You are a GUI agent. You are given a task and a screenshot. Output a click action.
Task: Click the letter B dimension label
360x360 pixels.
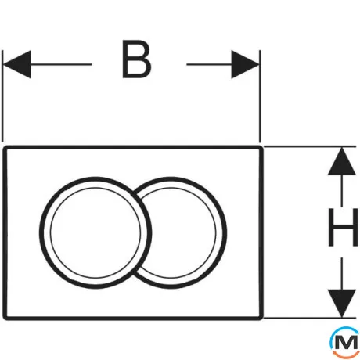(137, 59)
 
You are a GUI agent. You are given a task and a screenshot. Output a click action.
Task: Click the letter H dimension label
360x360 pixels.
(343, 227)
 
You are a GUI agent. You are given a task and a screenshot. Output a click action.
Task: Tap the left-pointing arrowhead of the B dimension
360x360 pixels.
(16, 64)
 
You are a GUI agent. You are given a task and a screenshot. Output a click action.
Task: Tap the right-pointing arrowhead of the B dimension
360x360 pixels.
(245, 64)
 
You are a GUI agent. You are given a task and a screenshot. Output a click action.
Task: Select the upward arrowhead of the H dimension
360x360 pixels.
(342, 161)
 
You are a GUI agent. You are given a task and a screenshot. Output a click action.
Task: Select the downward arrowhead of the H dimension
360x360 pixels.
(342, 304)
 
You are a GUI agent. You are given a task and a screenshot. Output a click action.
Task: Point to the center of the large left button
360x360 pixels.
(95, 232)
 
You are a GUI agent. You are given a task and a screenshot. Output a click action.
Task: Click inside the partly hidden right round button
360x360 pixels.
(182, 232)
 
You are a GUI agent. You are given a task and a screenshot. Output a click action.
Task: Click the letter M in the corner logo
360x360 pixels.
(346, 343)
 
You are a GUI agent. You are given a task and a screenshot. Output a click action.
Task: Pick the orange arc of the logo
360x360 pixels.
(344, 355)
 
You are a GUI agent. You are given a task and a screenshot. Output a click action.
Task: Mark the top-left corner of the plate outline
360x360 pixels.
(5, 148)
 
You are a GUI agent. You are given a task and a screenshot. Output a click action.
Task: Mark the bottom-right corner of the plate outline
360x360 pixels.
(261, 318)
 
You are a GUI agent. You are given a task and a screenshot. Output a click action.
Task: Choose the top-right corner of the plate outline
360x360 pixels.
(261, 148)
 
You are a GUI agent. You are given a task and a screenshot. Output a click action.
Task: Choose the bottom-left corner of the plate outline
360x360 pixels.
(5, 318)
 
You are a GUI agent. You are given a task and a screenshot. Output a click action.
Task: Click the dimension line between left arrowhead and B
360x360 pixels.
(61, 64)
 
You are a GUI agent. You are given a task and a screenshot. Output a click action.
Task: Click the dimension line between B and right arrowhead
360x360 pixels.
(209, 64)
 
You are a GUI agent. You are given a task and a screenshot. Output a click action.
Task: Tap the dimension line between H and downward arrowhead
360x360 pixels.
(342, 274)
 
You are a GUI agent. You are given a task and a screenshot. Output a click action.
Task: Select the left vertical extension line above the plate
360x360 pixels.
(2, 96)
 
